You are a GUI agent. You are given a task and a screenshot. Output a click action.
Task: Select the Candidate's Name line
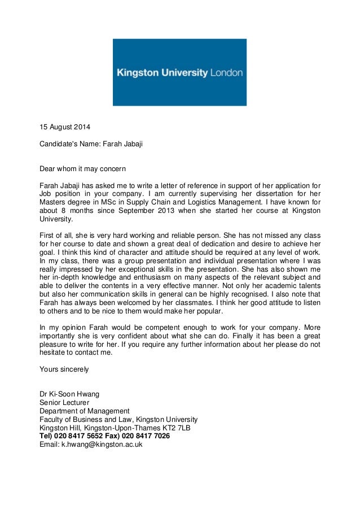pyautogui.click(x=90, y=144)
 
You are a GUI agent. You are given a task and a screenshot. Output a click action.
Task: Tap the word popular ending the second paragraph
pyautogui.click(x=209, y=311)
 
